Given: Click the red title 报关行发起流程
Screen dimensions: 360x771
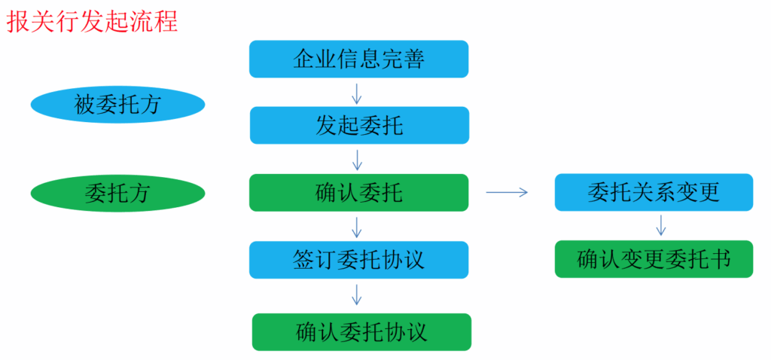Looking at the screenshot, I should [x=93, y=20].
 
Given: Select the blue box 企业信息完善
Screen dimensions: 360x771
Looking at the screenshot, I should [x=358, y=59].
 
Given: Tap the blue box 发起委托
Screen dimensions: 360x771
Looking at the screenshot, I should [x=358, y=125].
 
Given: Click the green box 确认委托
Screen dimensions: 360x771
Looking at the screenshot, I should [x=358, y=192].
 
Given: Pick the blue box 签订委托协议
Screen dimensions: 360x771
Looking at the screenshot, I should [x=358, y=259].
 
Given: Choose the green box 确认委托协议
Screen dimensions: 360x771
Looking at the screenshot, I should [x=361, y=332].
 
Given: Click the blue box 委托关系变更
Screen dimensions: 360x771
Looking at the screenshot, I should [x=654, y=192].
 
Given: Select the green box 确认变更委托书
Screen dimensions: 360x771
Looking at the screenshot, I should [x=654, y=259].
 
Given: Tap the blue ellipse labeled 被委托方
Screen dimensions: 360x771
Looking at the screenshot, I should [x=117, y=105].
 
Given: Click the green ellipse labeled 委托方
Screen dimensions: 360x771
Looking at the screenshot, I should [x=117, y=193].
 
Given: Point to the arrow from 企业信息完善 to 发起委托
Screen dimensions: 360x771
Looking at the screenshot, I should [x=357, y=93].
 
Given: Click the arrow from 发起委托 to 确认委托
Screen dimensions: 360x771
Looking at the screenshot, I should [x=357, y=159].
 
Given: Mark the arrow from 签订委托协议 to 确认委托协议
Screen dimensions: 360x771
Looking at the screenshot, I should [x=357, y=294].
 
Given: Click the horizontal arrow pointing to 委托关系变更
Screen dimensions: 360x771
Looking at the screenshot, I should [x=507, y=193].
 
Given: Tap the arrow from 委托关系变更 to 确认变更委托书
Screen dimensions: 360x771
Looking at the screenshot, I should [x=661, y=224].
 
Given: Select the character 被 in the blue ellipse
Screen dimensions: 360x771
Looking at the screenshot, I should [x=85, y=105].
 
